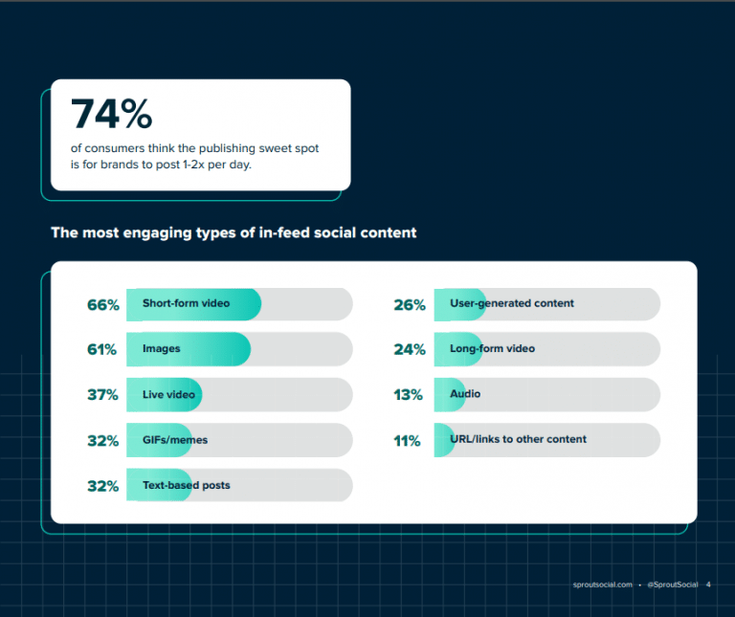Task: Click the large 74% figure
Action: (x=112, y=115)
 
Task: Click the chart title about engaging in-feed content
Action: (x=234, y=232)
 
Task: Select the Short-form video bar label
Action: (x=187, y=303)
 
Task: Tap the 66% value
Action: (x=102, y=305)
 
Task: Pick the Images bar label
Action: (x=162, y=349)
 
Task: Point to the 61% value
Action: (x=102, y=350)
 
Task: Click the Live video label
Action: (x=168, y=394)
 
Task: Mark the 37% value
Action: (x=102, y=395)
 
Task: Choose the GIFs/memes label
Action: (x=175, y=440)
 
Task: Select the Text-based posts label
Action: (x=187, y=485)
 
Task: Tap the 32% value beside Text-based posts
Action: (x=102, y=486)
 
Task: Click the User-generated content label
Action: (x=512, y=303)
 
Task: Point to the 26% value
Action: (x=409, y=305)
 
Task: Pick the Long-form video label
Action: (x=492, y=349)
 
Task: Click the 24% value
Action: (x=409, y=350)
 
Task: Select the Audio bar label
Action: (x=465, y=394)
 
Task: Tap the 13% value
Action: (x=409, y=395)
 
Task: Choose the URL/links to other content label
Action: (x=518, y=439)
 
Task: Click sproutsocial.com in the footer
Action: (x=601, y=584)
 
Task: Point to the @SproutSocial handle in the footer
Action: (x=673, y=584)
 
